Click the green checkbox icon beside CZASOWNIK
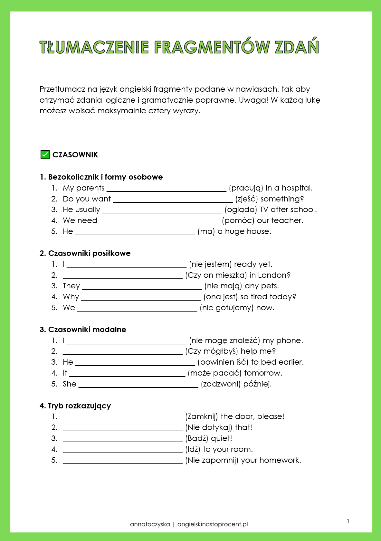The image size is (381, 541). [45, 155]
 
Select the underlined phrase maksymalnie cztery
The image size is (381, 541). [134, 111]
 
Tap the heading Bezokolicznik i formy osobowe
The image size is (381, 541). [105, 177]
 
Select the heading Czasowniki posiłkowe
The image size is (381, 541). [89, 253]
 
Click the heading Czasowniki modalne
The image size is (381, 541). [87, 330]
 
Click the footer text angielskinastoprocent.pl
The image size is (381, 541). [213, 524]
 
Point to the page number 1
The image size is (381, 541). [348, 521]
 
